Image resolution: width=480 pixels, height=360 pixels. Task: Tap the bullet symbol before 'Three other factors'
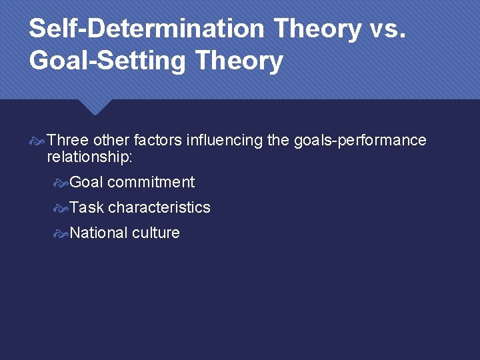[x=38, y=141]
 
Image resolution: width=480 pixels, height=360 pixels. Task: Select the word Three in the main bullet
[x=69, y=140]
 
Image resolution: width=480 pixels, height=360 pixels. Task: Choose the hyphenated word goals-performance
[x=360, y=140]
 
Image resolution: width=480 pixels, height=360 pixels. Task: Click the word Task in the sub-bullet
[x=87, y=207]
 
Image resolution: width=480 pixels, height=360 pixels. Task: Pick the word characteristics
[x=159, y=207]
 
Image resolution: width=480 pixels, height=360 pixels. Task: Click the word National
[x=99, y=233]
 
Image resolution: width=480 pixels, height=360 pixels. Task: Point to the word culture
[x=156, y=233]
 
